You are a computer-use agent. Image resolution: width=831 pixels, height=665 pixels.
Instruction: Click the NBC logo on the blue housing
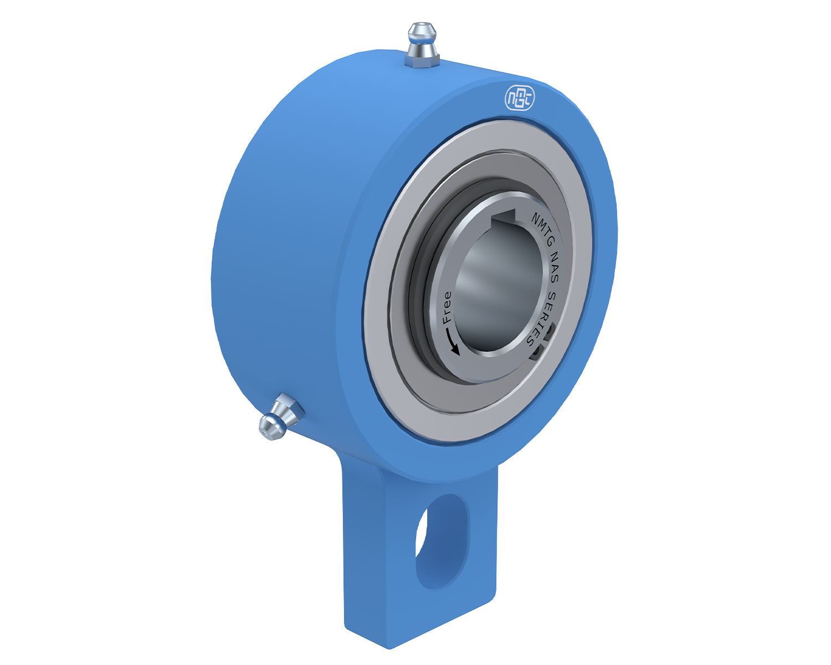coord(520,99)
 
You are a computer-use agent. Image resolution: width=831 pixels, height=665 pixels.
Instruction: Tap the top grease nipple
coord(422,45)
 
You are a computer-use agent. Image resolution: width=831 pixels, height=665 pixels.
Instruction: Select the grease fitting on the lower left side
coord(281,417)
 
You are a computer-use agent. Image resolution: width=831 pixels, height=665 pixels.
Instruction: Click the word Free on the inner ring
coord(447,308)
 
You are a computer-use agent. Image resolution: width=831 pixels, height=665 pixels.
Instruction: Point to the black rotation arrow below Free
coord(450,341)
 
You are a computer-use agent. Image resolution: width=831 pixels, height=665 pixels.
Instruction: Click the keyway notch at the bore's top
coord(503,219)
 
